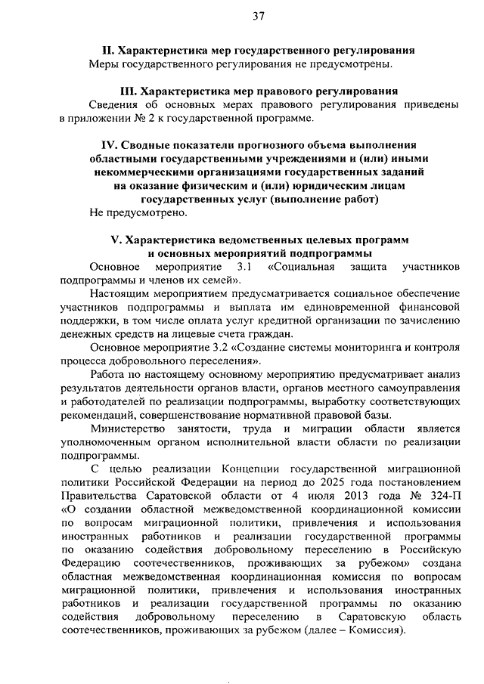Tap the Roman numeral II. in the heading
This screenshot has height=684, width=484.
click(106, 51)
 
